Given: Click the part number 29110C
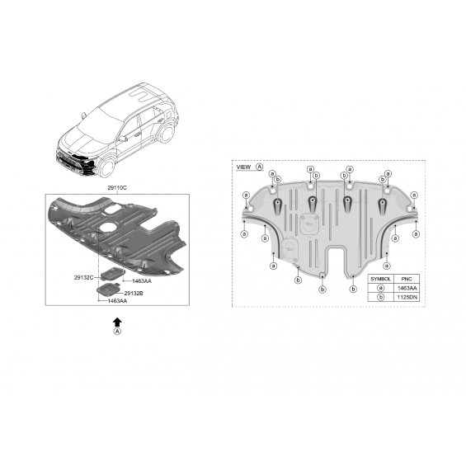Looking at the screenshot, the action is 117,188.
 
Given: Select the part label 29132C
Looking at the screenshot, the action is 83,278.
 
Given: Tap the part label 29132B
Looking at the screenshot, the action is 134,294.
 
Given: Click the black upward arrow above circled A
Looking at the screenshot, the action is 117,322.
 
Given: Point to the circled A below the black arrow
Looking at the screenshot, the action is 117,332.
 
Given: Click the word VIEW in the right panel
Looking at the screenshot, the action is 243,167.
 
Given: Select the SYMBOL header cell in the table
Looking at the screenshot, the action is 380,279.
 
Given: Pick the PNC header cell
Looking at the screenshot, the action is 407,279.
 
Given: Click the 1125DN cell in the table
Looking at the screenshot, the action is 407,297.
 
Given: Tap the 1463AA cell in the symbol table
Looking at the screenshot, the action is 407,288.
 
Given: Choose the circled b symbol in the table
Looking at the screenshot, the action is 381,297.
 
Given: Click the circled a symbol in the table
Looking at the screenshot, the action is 381,288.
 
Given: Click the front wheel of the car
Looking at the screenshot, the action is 106,167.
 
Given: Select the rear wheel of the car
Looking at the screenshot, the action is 167,134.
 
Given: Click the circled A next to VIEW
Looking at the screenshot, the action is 260,167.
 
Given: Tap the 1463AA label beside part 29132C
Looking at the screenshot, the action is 142,281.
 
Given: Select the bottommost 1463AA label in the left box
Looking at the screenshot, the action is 117,301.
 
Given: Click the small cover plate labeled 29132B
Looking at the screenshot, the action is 107,289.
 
